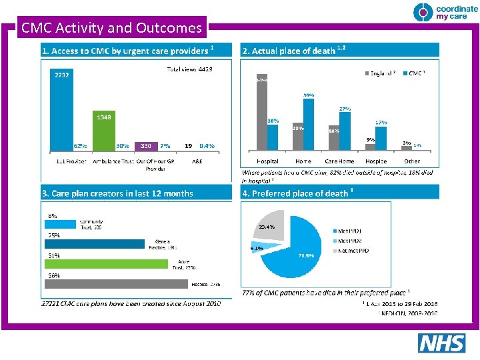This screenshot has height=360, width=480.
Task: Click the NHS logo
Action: click(441, 343)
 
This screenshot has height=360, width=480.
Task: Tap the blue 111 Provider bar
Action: click(62, 110)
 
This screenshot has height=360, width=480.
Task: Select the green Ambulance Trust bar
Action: click(105, 131)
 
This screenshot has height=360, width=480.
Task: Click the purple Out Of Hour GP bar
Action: click(146, 145)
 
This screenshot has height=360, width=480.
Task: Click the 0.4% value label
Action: click(207, 145)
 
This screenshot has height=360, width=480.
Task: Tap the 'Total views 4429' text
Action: click(189, 69)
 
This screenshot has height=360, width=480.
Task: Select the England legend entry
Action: click(381, 73)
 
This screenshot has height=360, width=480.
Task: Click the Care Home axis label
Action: click(340, 161)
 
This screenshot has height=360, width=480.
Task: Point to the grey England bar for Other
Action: click(407, 147)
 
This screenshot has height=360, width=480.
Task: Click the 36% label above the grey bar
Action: click(53, 275)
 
